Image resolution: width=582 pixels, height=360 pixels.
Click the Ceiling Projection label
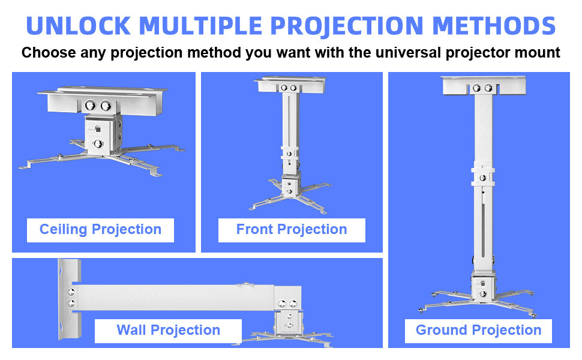coord(100,230)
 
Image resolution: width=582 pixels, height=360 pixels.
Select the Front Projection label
coord(292,230)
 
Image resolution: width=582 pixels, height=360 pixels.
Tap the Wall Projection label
coord(168,331)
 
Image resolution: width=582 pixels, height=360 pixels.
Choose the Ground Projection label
coord(478,331)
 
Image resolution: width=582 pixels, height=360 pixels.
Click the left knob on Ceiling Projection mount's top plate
coord(89,105)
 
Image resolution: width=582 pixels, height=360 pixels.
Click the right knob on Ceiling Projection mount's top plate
coord(106,105)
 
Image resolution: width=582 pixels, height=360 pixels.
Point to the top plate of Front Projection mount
coord(289,85)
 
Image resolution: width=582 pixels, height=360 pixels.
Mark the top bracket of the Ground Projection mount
coord(483,85)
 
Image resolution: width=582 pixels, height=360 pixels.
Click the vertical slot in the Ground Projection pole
coord(483,228)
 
